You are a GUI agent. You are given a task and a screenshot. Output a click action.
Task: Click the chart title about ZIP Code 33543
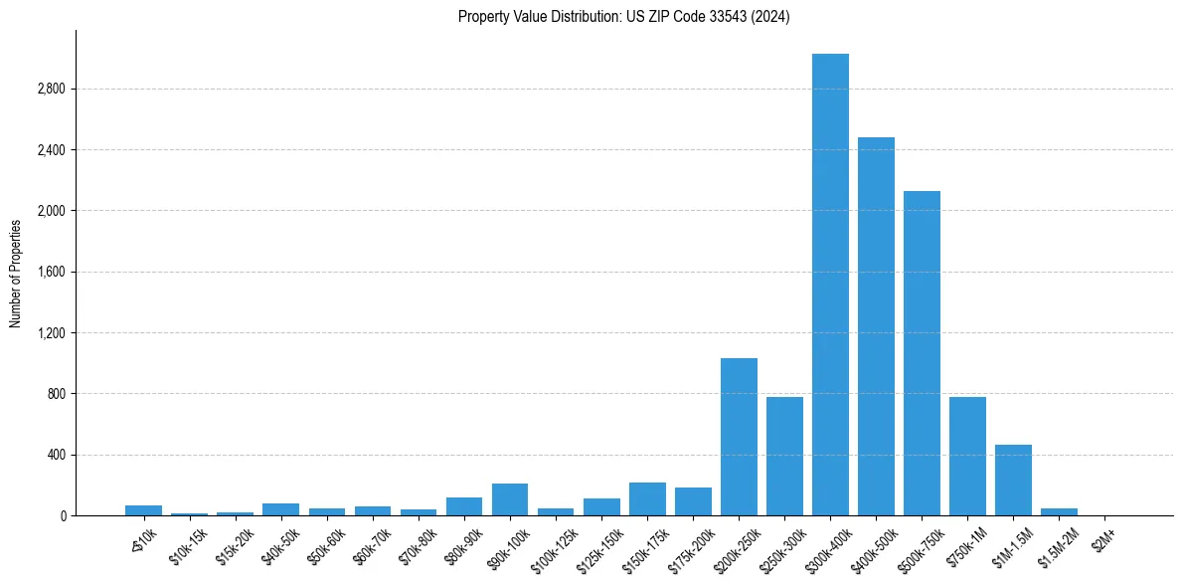(623, 16)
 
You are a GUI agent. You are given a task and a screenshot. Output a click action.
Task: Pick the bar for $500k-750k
(922, 353)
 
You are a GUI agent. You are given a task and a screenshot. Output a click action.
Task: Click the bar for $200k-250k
(739, 437)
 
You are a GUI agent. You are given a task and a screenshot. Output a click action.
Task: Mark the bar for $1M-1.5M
(1013, 480)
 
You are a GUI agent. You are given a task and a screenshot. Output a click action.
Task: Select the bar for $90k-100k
(510, 499)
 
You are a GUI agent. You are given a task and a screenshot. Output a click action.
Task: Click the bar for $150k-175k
(647, 498)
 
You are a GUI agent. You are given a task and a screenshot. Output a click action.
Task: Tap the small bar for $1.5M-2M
(1059, 511)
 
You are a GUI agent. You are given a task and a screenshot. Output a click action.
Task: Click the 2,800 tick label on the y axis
(50, 90)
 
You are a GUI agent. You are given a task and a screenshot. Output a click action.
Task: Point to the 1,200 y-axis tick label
(50, 333)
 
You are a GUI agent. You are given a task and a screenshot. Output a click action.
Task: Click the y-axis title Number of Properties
(16, 273)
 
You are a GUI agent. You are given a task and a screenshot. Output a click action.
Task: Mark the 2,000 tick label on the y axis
(50, 211)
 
